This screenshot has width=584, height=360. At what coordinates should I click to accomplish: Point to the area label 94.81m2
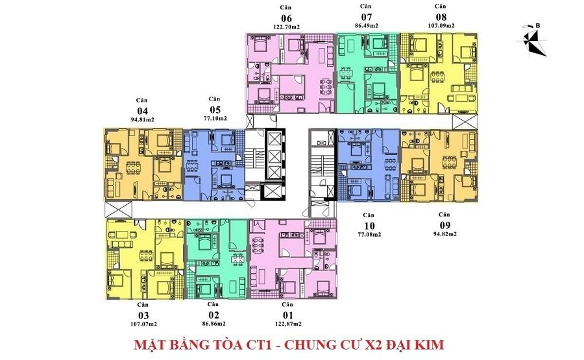pos(141,120)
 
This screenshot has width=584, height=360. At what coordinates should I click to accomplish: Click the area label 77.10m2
pos(213,119)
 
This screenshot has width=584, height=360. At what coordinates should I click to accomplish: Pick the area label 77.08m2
pos(369,234)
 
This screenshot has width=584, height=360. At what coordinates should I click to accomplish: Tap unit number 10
pos(369,225)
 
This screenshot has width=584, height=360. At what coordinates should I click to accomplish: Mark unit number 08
pos(441,17)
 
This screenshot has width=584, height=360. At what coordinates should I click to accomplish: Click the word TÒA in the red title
pos(237,344)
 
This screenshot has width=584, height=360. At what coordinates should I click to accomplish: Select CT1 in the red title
pos(273,344)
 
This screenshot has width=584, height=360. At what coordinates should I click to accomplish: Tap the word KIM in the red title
pos(428,344)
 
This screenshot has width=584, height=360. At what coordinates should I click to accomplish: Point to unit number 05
pos(213,110)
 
